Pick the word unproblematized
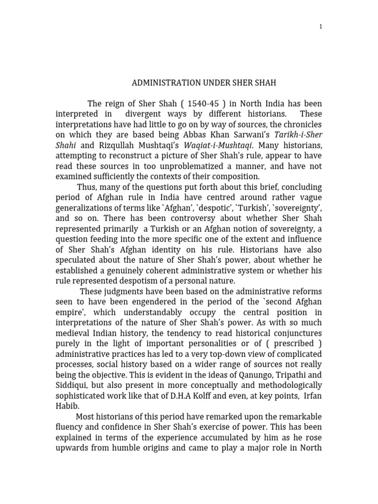178,166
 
